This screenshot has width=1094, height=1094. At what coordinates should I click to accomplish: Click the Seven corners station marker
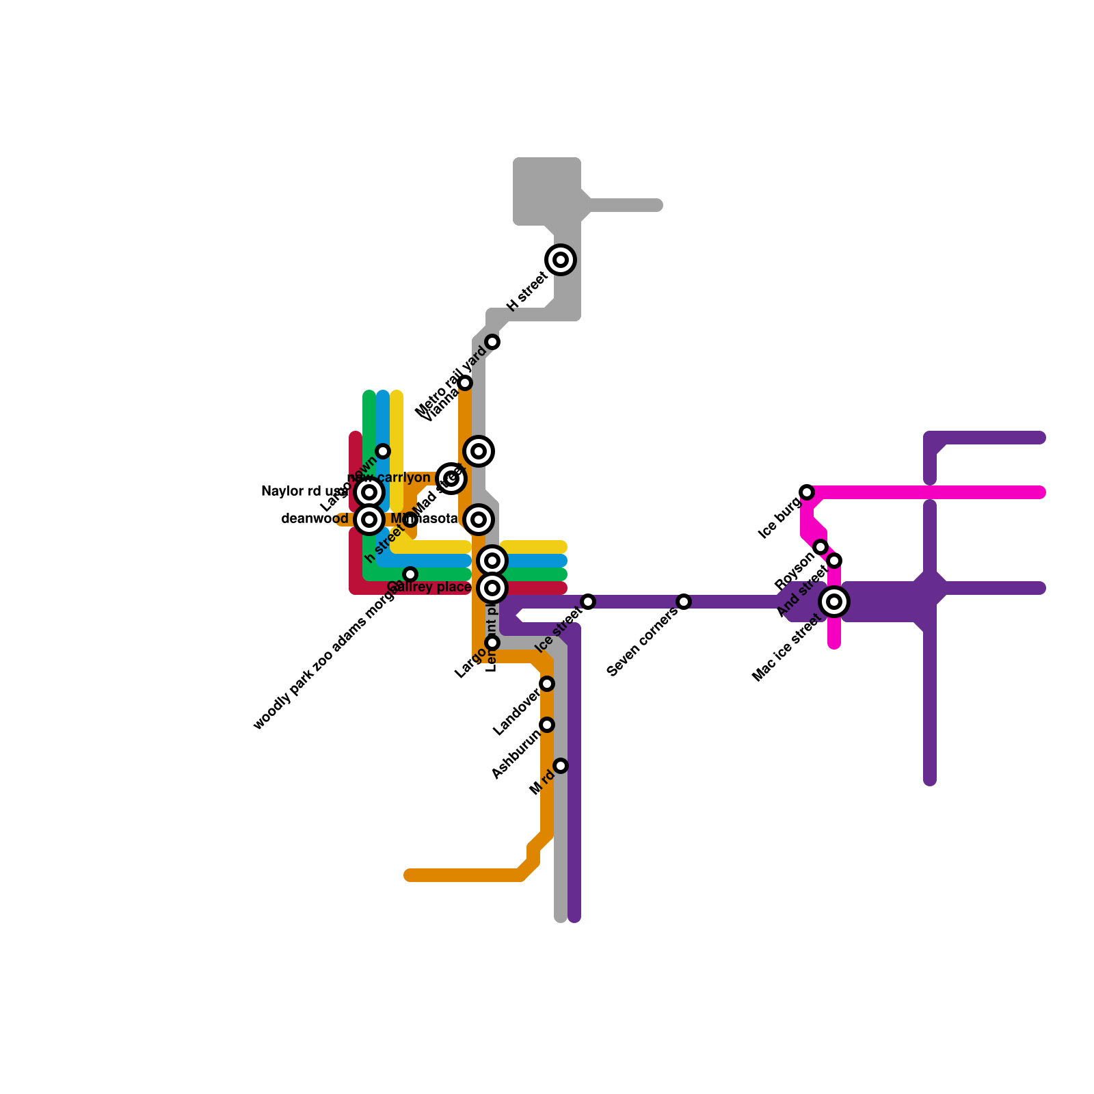(684, 602)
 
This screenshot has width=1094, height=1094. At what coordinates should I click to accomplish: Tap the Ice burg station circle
(807, 492)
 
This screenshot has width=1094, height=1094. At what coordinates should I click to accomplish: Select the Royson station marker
(820, 547)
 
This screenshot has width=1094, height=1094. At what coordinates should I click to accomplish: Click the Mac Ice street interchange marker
(834, 602)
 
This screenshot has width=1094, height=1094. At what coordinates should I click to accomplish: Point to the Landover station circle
(547, 684)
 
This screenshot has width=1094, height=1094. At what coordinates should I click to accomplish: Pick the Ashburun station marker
(547, 725)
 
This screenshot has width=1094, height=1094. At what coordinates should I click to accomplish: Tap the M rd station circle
(561, 766)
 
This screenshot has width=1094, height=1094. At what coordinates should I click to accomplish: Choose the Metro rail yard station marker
(492, 342)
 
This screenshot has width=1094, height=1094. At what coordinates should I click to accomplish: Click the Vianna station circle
(465, 383)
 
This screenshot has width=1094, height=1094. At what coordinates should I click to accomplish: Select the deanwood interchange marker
(369, 520)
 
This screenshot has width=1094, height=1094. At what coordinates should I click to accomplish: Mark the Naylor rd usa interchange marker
(369, 492)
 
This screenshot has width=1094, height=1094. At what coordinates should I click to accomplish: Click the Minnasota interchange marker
(479, 520)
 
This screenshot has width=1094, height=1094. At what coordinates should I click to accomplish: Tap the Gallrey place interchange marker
(492, 587)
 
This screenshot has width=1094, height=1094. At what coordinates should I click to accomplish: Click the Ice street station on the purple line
(588, 602)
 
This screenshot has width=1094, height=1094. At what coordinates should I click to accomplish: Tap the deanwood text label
(315, 519)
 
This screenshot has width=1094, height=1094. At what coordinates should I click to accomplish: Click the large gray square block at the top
(547, 191)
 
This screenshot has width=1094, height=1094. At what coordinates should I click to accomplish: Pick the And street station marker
(834, 561)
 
